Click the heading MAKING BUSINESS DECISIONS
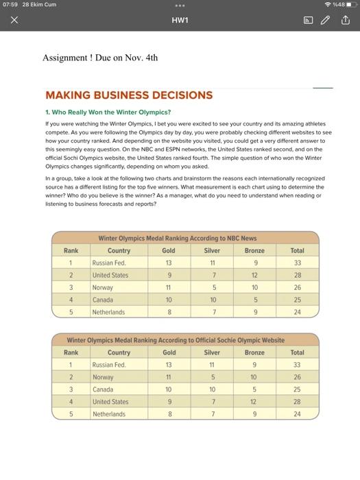(128, 95)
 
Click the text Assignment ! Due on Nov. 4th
(100, 58)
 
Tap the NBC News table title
(177, 238)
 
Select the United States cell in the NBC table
(110, 275)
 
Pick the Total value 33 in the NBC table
(297, 263)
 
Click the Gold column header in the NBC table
(168, 250)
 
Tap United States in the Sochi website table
(110, 402)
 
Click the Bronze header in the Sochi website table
(254, 352)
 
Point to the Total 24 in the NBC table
(297, 312)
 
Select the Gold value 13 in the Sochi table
(168, 365)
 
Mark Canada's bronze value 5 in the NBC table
(254, 300)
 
